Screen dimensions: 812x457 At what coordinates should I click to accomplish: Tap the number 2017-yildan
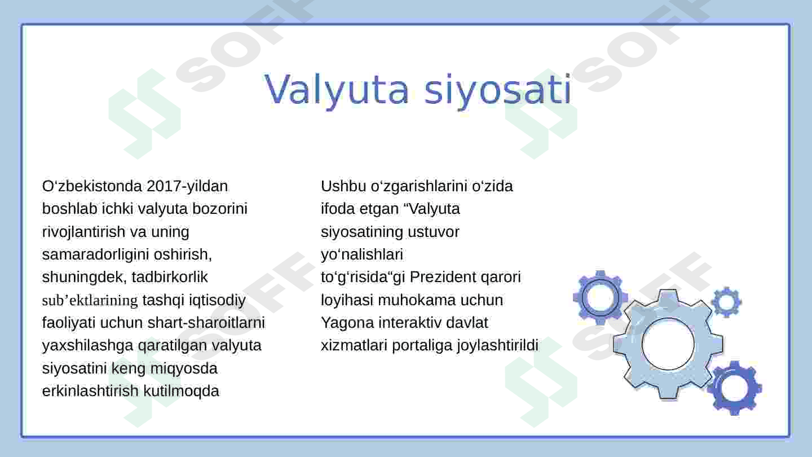(187, 186)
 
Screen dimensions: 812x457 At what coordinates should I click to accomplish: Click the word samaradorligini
(96, 254)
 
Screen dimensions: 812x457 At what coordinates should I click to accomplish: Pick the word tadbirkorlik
(170, 277)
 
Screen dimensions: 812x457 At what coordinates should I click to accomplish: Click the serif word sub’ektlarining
(90, 300)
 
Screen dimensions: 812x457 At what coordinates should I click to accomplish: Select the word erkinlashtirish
(90, 391)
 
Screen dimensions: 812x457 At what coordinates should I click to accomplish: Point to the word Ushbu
(343, 186)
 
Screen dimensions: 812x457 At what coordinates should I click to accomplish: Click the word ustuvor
(434, 232)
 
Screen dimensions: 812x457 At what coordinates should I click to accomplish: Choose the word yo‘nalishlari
(362, 254)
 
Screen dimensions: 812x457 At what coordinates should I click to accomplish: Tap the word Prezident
(443, 277)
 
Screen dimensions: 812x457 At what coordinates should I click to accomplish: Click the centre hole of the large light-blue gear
(668, 344)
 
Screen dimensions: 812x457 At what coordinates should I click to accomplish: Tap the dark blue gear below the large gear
(735, 388)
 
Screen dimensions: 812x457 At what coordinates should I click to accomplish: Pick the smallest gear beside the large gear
(726, 302)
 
